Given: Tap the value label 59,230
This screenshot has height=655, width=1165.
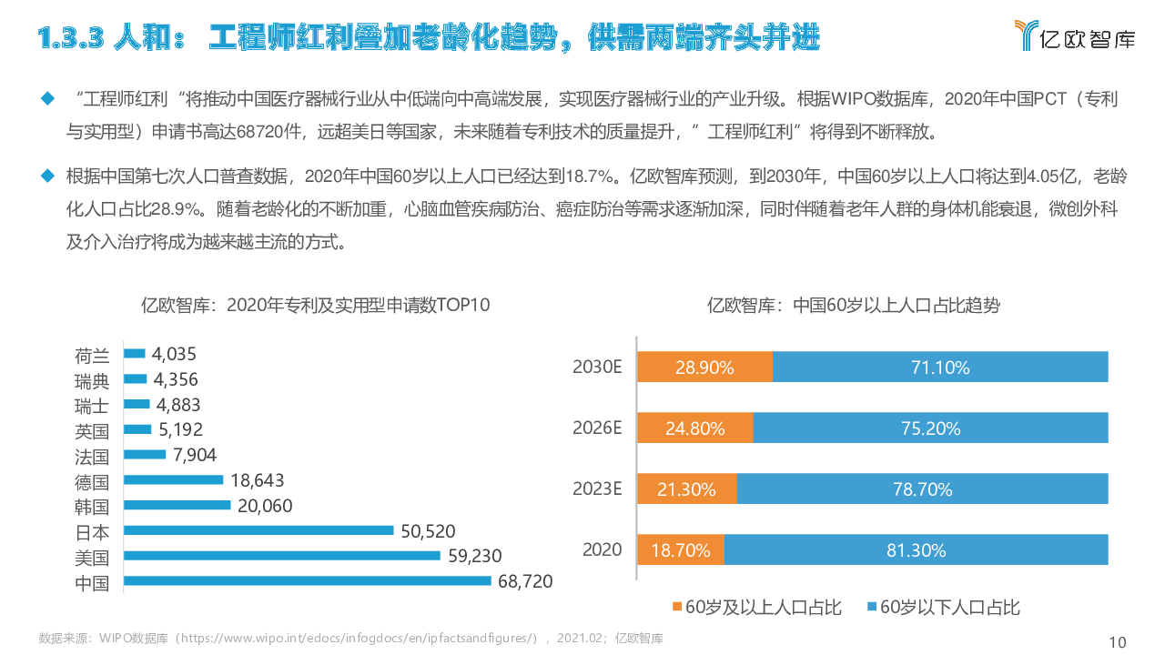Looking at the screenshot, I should [x=475, y=556].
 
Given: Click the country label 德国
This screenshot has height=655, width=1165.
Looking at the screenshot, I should [x=92, y=481].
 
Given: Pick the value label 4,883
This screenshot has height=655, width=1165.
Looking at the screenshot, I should [x=177, y=405].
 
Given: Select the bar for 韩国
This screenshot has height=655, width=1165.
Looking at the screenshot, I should [x=177, y=505].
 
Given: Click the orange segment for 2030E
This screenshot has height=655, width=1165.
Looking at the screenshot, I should [x=704, y=368].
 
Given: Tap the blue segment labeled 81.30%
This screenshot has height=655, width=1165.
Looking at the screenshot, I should [x=916, y=549].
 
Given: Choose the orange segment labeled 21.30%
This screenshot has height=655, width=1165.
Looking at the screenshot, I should [x=686, y=489].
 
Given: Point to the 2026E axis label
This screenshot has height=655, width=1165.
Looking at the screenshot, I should [x=597, y=428].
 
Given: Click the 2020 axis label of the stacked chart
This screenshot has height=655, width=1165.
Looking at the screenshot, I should [x=602, y=549].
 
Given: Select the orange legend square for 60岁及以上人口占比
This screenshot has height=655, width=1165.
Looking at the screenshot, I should [x=676, y=606].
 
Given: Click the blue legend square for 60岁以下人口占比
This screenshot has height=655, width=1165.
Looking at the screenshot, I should [x=872, y=606].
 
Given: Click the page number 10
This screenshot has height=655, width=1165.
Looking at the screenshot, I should [x=1118, y=642].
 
